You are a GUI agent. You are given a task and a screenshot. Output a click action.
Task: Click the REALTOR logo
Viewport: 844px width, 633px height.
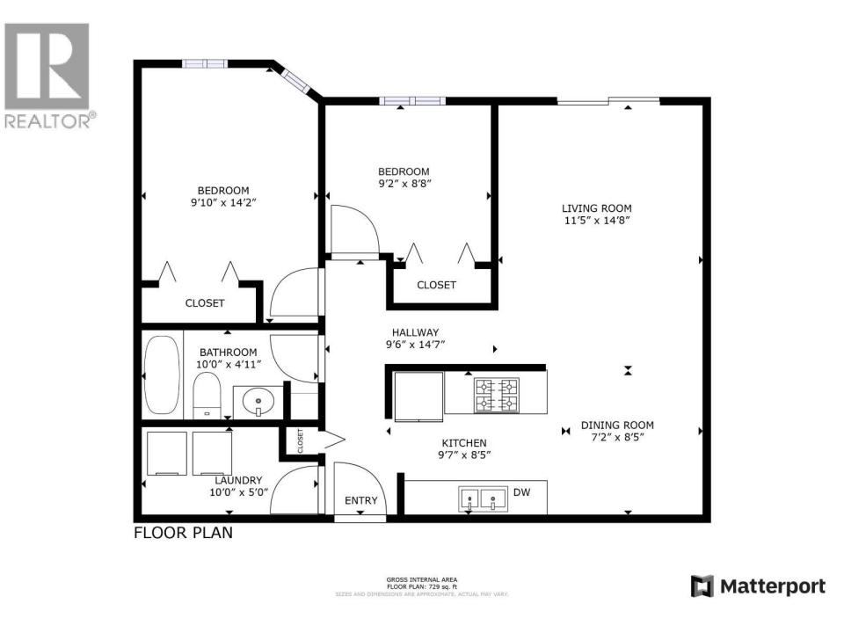coord(47,76)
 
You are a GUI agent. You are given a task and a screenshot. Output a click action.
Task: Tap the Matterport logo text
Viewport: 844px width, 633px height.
coord(761,586)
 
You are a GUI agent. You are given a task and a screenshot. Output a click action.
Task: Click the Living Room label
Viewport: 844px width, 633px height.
coord(597,208)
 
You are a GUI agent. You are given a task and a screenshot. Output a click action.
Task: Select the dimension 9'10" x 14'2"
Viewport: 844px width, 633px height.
coord(222,202)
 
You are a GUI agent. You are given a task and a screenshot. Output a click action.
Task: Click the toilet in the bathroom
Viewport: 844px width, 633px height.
coord(206,395)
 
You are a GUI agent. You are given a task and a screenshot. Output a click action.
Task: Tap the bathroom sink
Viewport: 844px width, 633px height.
coord(258,401)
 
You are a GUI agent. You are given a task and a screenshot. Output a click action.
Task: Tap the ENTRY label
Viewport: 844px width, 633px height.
coord(360,501)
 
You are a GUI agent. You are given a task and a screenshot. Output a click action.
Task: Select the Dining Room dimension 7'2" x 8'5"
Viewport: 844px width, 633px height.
coord(617,437)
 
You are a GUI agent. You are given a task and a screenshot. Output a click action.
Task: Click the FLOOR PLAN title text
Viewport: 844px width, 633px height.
coord(183,533)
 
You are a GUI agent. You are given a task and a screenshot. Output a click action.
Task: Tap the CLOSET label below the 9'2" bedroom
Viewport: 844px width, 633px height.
coord(436,285)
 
